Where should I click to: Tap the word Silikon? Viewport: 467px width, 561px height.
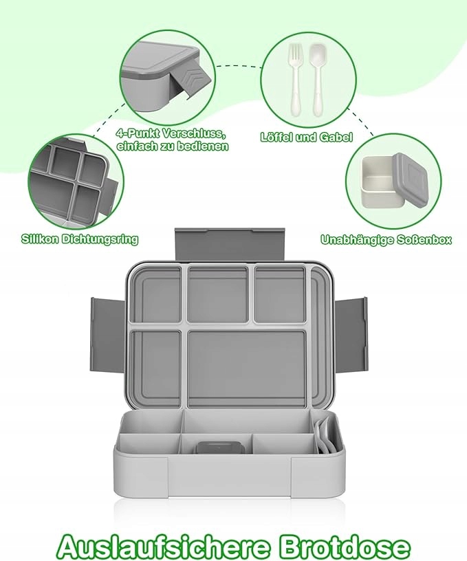pyautogui.click(x=39, y=239)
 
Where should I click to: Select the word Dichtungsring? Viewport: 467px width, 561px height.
pyautogui.click(x=100, y=239)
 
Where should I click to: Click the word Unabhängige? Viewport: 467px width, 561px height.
pyautogui.click(x=357, y=240)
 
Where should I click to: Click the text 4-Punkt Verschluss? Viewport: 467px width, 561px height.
pyautogui.click(x=171, y=134)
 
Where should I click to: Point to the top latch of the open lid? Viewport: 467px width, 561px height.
pyautogui.click(x=230, y=245)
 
